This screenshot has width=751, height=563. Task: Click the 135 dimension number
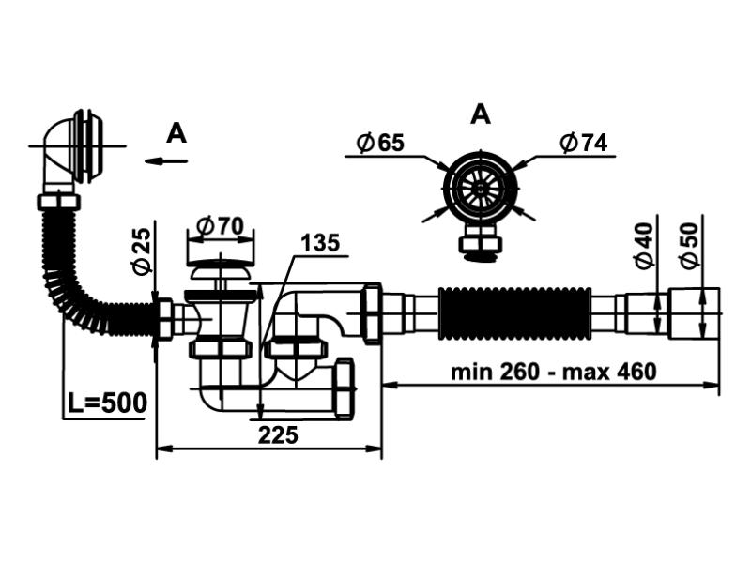[319, 243]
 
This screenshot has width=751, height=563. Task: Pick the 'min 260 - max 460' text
[553, 371]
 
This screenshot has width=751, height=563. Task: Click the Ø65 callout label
[380, 143]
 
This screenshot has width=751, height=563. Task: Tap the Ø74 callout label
[583, 143]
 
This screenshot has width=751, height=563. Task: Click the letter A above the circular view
[480, 114]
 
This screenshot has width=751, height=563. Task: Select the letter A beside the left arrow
[176, 134]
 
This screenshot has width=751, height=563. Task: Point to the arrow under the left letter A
[166, 160]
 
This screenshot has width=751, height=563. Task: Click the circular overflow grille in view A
[482, 188]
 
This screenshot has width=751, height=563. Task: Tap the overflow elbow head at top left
[75, 150]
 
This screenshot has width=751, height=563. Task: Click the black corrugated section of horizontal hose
[514, 312]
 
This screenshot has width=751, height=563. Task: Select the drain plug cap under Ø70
[222, 271]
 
